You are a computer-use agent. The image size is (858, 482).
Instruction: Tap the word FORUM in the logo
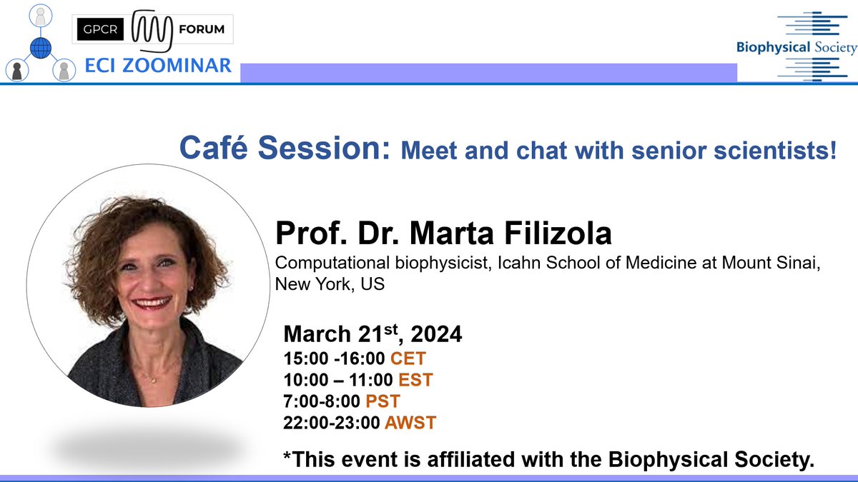coord(202,29)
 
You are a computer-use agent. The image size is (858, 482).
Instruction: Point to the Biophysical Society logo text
coord(796,48)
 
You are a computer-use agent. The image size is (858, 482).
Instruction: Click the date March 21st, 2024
coord(373,334)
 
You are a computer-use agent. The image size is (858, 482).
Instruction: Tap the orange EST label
coord(415,379)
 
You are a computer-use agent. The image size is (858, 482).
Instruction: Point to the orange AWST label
coord(410,422)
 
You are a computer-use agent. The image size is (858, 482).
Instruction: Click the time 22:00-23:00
coord(332,422)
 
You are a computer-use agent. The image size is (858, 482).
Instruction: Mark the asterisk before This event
coord(290,458)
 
